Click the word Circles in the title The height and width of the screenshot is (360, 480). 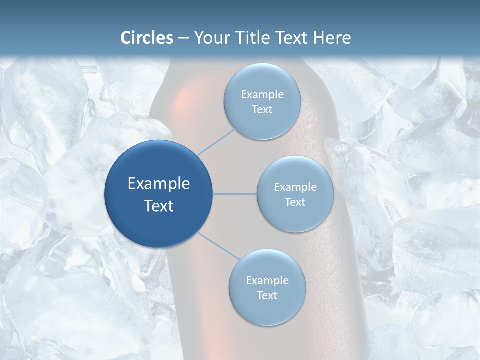146,38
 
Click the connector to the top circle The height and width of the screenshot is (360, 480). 216,141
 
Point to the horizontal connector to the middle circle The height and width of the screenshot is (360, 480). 235,194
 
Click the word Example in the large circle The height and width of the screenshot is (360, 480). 158,184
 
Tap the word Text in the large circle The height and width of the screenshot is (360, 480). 158,206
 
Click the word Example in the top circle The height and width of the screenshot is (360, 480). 262,95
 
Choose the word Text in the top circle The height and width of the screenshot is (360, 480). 262,110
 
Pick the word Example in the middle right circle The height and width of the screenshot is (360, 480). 295,187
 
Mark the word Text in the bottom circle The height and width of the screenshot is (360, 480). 267,295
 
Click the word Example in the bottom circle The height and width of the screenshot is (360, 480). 267,281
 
